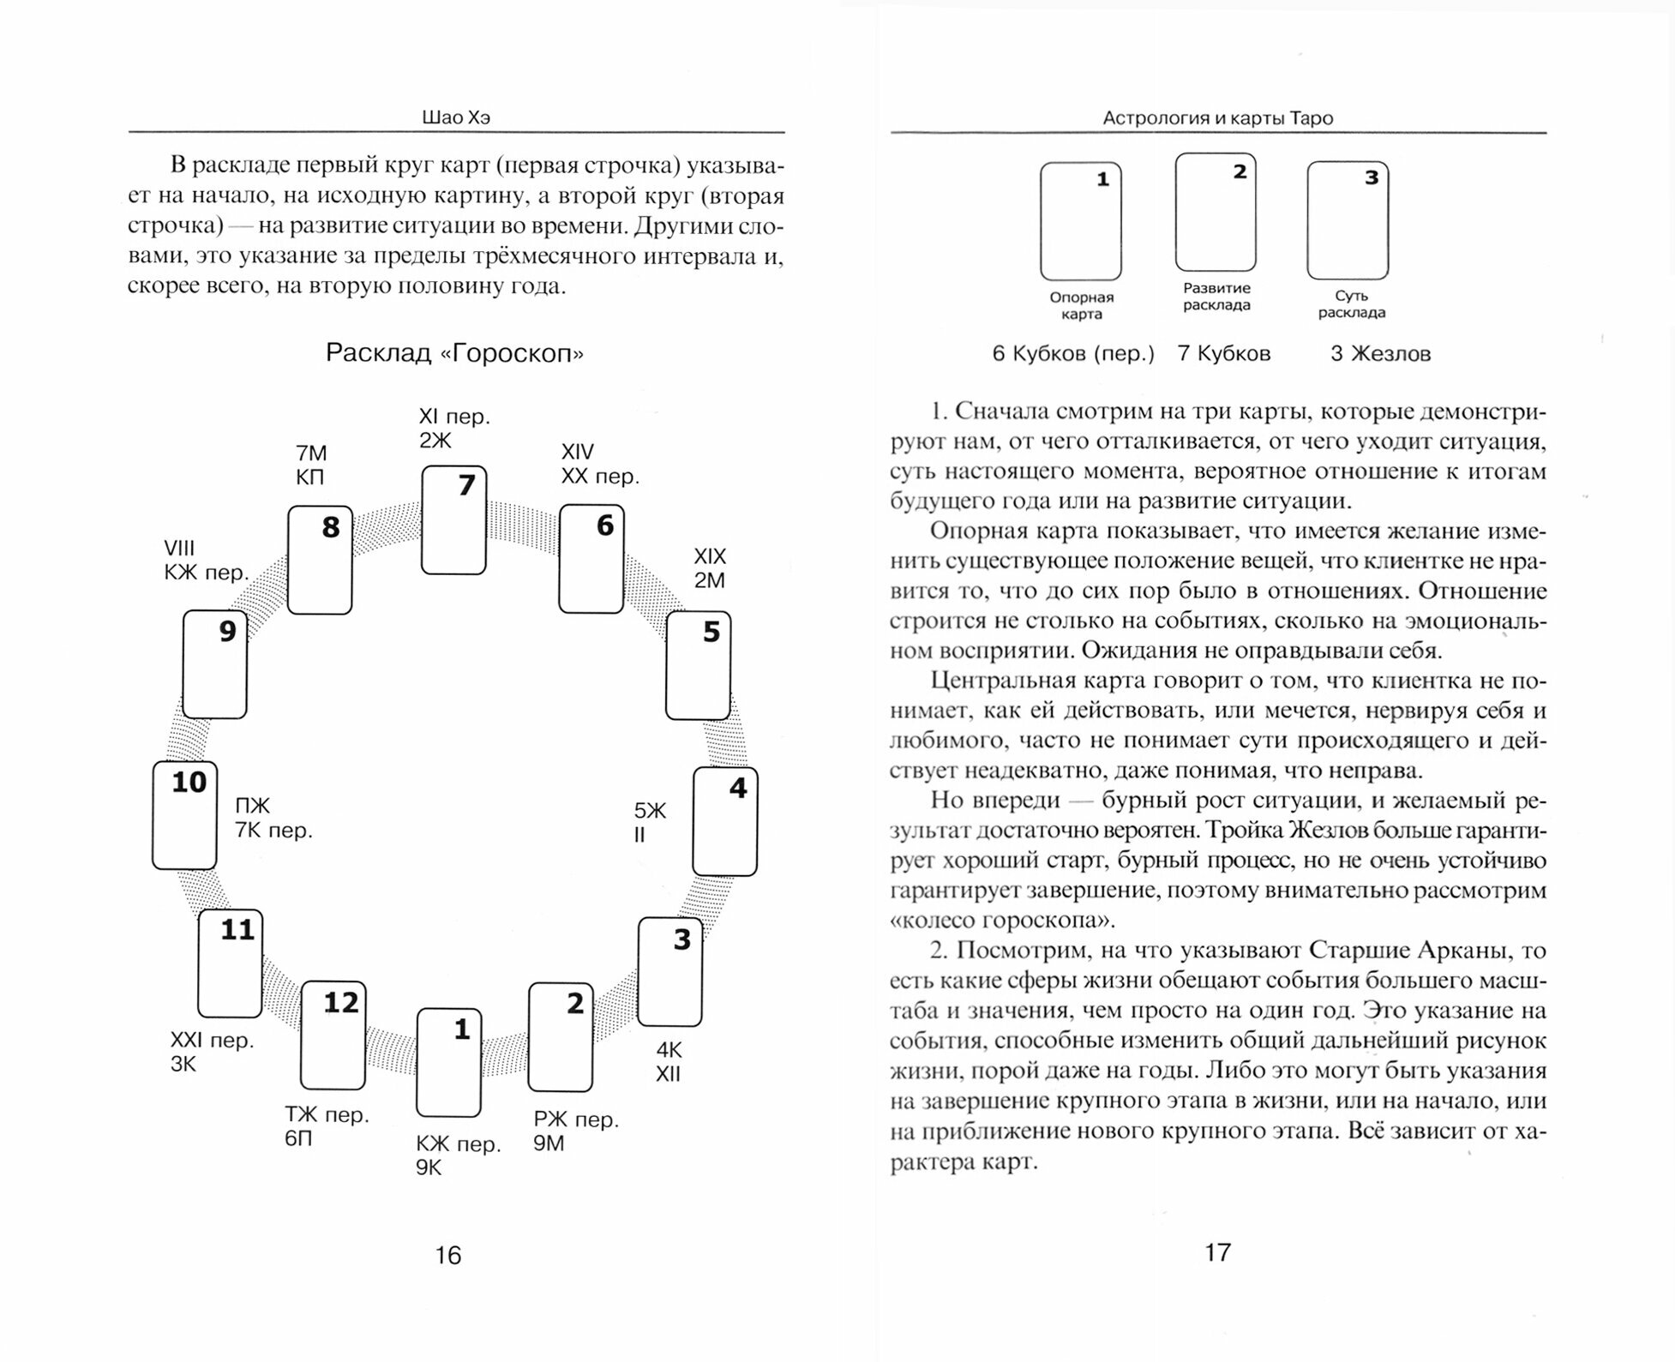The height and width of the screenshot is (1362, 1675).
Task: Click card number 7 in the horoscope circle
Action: [453, 520]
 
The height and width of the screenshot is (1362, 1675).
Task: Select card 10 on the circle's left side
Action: [184, 815]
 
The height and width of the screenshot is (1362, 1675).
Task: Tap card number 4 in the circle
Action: [724, 821]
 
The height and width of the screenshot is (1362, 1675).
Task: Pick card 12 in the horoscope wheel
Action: [333, 1035]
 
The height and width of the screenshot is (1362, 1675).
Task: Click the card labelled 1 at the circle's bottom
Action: [448, 1063]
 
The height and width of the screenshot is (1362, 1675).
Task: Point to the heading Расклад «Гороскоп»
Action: [454, 353]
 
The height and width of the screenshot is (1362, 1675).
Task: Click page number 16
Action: [447, 1255]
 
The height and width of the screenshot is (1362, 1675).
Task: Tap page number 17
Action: [1217, 1252]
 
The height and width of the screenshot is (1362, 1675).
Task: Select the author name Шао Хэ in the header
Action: [456, 118]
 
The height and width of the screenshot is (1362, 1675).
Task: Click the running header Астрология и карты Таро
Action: [1217, 118]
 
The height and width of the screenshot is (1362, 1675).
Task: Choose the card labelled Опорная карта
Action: [1080, 221]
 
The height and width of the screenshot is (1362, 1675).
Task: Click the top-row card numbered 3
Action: [1348, 220]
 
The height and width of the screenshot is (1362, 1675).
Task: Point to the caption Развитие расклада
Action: [1216, 297]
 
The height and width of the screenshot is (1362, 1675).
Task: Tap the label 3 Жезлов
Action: [1380, 354]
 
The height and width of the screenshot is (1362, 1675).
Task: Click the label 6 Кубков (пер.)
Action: [1073, 354]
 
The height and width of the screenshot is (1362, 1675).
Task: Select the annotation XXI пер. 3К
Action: [211, 1052]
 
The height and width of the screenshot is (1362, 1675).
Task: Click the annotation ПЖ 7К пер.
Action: [273, 818]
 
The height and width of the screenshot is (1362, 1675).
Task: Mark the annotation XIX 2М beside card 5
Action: [710, 568]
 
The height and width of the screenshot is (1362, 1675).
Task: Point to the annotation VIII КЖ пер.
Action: [206, 561]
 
